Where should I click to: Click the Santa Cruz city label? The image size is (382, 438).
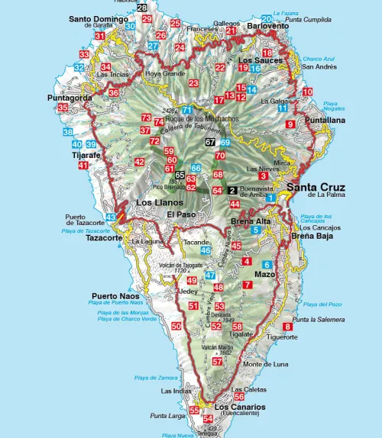coord(314,187)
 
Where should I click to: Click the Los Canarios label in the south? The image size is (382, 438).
coord(240,407)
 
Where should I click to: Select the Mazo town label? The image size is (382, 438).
coord(264,273)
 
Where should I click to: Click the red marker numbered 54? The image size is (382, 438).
coord(208,418)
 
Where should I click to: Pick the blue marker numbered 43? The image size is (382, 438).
coord(111,217)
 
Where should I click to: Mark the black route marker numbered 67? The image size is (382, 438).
coord(210,142)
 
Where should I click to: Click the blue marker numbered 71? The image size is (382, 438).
coord(186,110)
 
